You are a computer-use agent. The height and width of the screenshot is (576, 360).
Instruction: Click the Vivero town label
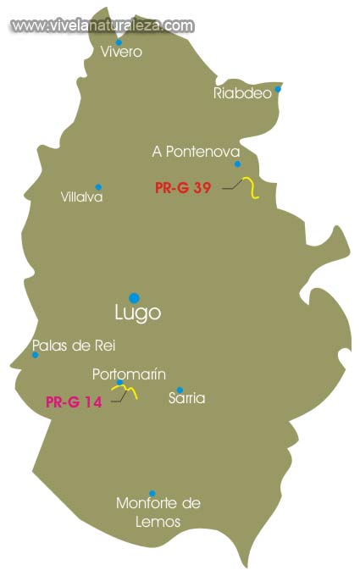[x=121, y=52]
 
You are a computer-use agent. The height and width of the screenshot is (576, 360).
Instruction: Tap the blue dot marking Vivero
[x=119, y=42]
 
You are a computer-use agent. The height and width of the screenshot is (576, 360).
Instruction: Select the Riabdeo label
[x=242, y=94]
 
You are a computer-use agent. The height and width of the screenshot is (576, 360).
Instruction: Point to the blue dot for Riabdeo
[x=278, y=88]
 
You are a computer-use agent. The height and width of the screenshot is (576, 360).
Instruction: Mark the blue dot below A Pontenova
[x=237, y=164]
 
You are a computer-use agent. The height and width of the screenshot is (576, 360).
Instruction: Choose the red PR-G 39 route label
[x=183, y=188]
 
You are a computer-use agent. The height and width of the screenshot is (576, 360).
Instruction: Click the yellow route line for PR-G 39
[x=252, y=189]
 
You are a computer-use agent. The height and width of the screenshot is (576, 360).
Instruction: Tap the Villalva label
[x=82, y=197]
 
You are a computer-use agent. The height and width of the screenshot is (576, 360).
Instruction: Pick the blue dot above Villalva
[x=98, y=187]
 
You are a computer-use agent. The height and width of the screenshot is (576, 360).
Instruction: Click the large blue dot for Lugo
[x=134, y=297]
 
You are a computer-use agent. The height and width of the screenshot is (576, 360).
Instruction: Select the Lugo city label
[x=137, y=313]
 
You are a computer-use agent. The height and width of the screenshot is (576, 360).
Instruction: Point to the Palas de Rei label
[x=73, y=346]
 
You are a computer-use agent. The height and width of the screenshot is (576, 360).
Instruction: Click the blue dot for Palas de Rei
[x=35, y=355]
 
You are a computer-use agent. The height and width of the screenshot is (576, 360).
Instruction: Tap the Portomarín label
[x=129, y=374]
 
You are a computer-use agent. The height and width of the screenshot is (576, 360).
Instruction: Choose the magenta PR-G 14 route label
[x=74, y=403]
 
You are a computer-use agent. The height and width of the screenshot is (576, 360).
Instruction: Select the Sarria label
[x=186, y=398]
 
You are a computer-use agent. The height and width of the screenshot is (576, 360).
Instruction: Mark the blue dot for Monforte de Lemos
[x=152, y=493]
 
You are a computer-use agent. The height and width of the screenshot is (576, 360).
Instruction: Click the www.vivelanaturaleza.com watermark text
[x=102, y=25]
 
